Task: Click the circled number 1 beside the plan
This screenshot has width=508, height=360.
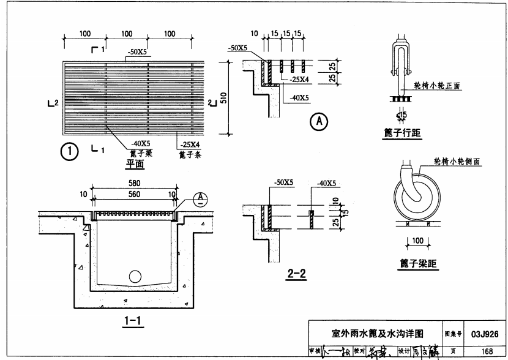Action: [71, 150]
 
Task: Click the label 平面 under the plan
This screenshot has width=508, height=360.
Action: [135, 163]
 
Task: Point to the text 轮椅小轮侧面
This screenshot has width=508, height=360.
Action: [456, 161]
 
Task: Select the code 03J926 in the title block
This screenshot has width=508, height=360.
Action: [485, 334]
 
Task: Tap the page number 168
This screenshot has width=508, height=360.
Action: [487, 351]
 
